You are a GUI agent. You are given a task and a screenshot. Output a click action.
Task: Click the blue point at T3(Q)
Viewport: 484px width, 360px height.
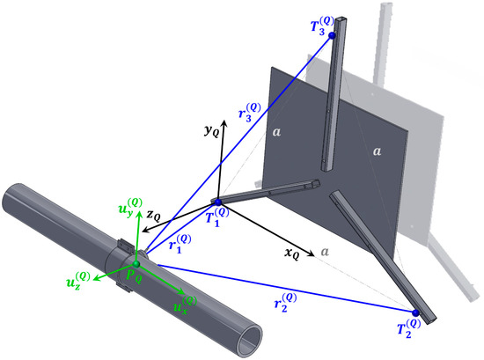pyautogui.click(x=332, y=35)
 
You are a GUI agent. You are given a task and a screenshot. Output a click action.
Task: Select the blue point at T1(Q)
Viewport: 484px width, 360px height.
pyautogui.click(x=218, y=202)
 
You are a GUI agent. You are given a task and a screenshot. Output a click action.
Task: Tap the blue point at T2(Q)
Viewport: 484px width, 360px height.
pyautogui.click(x=415, y=313)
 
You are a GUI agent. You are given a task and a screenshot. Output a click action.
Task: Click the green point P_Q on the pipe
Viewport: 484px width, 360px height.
pyautogui.click(x=136, y=264)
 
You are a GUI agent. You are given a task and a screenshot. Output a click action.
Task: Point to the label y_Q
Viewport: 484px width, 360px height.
pyautogui.click(x=212, y=131)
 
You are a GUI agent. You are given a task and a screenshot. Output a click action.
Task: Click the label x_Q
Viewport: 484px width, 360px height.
pyautogui.click(x=291, y=253)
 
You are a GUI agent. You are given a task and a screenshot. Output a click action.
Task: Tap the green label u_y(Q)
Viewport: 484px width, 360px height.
pyautogui.click(x=130, y=207)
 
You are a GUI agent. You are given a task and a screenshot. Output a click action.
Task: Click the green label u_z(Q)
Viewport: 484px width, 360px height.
pyautogui.click(x=78, y=279)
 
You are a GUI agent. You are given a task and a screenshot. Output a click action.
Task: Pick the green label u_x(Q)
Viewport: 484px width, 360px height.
pyautogui.click(x=185, y=305)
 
